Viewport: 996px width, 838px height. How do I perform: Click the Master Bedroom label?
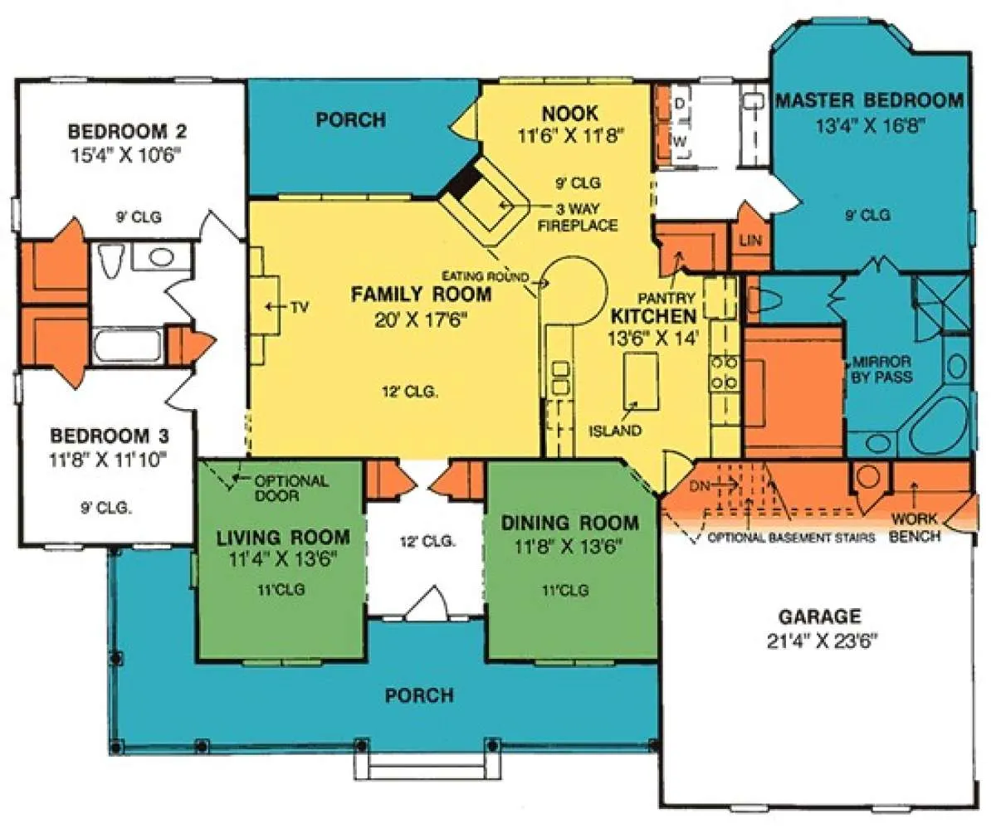(x=870, y=100)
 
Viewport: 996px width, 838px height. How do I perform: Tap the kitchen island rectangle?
(x=642, y=381)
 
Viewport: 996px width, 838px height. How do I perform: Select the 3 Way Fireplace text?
(x=578, y=217)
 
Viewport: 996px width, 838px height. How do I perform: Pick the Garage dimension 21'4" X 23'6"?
(x=823, y=641)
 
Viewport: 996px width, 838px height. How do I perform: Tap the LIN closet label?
(x=751, y=241)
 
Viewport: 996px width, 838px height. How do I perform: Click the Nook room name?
(x=570, y=114)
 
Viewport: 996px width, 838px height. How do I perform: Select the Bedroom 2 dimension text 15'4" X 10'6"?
(x=127, y=155)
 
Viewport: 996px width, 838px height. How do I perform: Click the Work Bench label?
(x=915, y=528)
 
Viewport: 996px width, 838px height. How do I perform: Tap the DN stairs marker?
(x=699, y=486)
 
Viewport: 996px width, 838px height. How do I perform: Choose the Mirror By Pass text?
(x=881, y=369)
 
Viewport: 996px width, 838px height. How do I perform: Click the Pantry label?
(x=666, y=299)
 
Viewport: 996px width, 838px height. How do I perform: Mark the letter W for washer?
(x=680, y=141)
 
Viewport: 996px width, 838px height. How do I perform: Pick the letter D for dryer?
(x=681, y=103)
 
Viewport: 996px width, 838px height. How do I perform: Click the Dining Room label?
(x=569, y=523)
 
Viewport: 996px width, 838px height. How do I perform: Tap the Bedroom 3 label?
(x=110, y=436)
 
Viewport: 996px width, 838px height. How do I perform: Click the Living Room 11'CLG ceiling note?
(x=281, y=590)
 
